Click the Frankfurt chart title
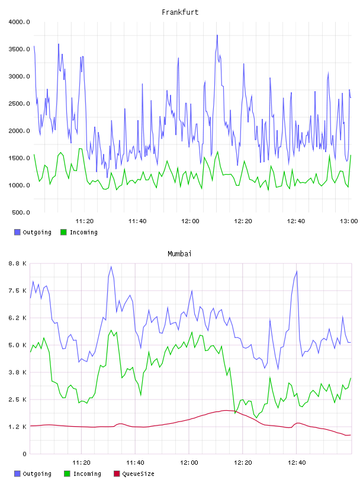coord(180,12)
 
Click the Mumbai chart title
coord(179,254)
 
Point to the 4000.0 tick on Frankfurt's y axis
coord(20,22)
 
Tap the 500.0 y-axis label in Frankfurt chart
coord(21,212)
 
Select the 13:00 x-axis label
coord(349,221)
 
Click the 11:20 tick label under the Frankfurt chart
coord(85,221)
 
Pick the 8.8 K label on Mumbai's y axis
coord(18,263)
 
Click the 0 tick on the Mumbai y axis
coord(24,454)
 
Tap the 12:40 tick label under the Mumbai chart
coord(297,463)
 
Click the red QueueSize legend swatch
coord(117,474)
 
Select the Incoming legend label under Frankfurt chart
coord(84,232)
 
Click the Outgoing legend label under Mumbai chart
coord(37,474)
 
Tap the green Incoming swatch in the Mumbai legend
coord(67,474)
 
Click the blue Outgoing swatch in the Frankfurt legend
coord(17,232)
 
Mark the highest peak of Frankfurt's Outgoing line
coord(217,35)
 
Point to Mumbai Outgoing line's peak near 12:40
coord(297,271)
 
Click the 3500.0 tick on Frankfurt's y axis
coord(20,49)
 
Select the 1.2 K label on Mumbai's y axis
coord(18,427)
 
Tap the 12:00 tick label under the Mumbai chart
coord(189,463)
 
